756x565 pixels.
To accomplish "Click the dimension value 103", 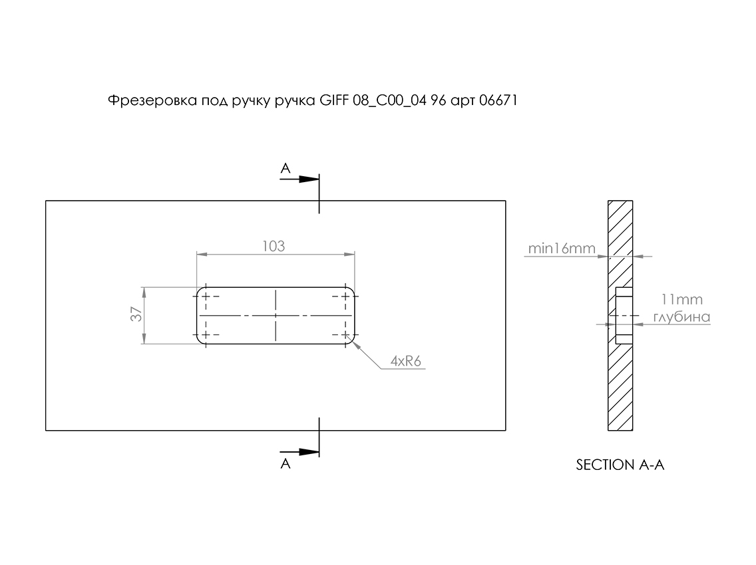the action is (x=274, y=246).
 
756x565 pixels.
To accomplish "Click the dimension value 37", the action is (x=137, y=314).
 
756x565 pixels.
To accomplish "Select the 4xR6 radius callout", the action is (x=406, y=361).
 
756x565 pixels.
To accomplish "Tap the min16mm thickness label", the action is (x=562, y=248).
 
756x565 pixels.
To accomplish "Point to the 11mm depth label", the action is (x=681, y=299).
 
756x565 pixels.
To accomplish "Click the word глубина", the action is (x=681, y=317).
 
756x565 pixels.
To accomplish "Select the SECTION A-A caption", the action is (x=620, y=465).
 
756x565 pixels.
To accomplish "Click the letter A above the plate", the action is (x=285, y=168).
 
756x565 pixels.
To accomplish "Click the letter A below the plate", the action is (x=285, y=463).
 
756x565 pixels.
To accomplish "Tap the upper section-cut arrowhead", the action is (x=309, y=179).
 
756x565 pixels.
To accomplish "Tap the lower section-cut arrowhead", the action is (x=309, y=452).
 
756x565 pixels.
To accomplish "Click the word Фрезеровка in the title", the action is (x=152, y=100).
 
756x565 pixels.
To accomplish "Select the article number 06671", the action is (x=498, y=100).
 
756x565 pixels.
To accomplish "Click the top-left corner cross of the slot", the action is (x=206, y=296).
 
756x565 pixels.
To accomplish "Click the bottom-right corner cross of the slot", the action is (x=345, y=334).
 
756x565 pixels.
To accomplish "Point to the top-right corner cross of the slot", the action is (x=345, y=296).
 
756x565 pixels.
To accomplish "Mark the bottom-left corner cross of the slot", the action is (x=206, y=334).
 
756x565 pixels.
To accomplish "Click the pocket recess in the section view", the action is (x=624, y=316).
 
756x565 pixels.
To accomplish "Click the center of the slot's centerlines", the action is (x=276, y=316).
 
